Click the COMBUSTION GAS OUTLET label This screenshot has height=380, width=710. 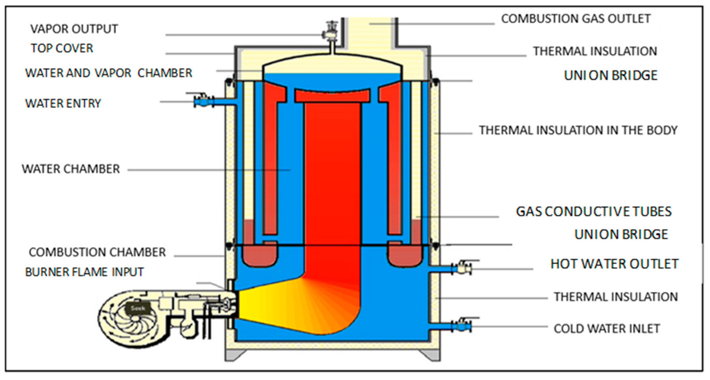[x=575, y=19]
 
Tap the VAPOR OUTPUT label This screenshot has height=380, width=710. [x=74, y=29]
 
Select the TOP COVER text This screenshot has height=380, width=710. [x=62, y=48]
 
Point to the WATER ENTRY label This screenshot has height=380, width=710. [x=63, y=103]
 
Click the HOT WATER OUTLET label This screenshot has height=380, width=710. [x=614, y=264]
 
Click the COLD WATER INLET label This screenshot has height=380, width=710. [x=607, y=328]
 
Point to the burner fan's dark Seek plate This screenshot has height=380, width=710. [x=138, y=308]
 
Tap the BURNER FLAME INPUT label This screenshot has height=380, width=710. [x=84, y=272]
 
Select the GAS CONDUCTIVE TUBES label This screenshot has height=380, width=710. [x=594, y=211]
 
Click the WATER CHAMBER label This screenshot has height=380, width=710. [x=71, y=169]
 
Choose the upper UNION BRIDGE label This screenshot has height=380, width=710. [x=610, y=75]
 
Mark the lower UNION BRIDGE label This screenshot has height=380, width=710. [x=621, y=234]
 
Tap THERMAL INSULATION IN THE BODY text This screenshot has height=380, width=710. [x=578, y=130]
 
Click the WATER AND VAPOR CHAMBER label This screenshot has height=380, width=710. [x=109, y=73]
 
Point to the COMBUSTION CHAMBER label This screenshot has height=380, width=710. [x=97, y=252]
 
